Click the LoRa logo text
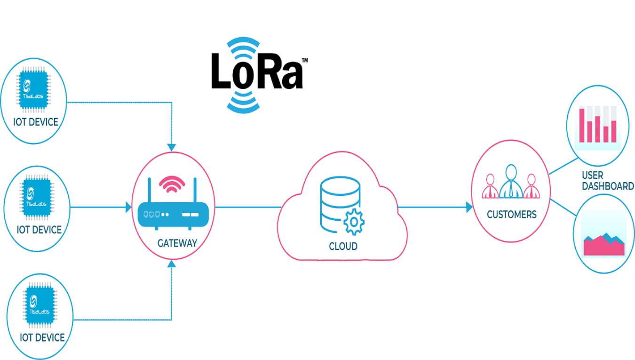pos(257,71)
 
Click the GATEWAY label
pos(177,243)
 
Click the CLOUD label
pos(343,246)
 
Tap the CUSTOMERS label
pos(511,215)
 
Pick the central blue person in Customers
pos(511,182)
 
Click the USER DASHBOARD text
pos(607,181)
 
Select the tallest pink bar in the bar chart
pos(582,125)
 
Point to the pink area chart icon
pos(604,243)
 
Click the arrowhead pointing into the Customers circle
pos(469,207)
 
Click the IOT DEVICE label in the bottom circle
pos(42,337)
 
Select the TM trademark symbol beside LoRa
pos(304,61)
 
